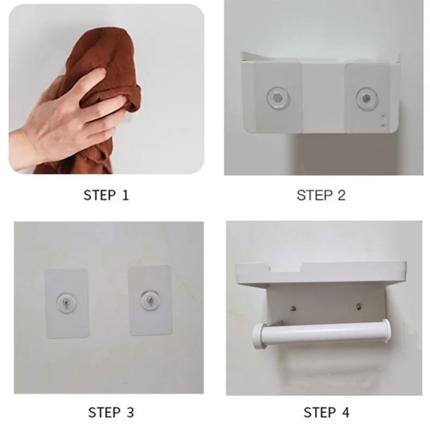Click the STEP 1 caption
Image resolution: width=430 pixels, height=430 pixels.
(x=106, y=195)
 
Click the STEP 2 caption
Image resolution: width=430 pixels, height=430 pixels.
(x=321, y=195)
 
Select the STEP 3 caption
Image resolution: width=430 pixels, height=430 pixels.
(x=111, y=413)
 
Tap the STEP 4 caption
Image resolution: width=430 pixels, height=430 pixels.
(x=326, y=413)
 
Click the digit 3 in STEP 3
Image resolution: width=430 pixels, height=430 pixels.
(x=130, y=413)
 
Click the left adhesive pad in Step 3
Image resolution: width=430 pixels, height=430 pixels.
(x=67, y=303)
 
